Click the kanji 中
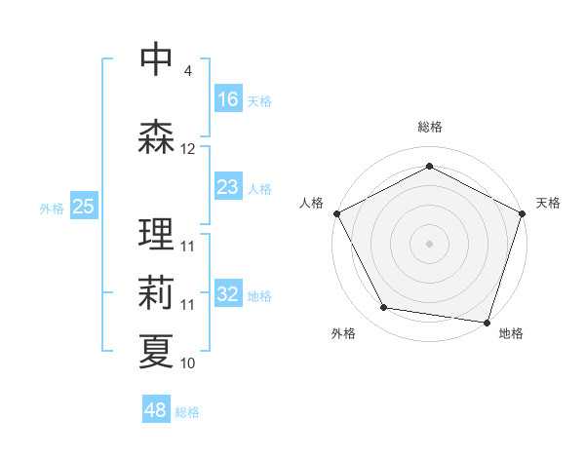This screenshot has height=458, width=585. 156,59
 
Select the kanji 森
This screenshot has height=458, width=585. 156,136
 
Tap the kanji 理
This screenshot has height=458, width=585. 156,234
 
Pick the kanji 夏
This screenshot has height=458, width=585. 156,350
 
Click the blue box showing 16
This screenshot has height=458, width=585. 228,98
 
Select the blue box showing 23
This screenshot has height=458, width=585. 228,187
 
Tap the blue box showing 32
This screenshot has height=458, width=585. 228,294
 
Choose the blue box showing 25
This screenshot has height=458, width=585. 84,207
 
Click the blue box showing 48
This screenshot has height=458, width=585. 156,410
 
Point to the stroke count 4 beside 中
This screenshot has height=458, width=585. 187,71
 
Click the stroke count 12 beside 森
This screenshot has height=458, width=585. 188,149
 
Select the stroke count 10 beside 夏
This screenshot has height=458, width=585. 188,363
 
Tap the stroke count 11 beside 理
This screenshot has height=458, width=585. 188,247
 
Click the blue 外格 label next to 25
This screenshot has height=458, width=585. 52,208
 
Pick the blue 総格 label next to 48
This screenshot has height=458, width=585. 187,412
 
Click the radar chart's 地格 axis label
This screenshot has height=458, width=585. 511,333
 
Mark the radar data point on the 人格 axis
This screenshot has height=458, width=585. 336,213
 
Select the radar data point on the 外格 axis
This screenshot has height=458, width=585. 384,308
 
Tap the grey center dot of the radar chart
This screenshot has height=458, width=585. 429,243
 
